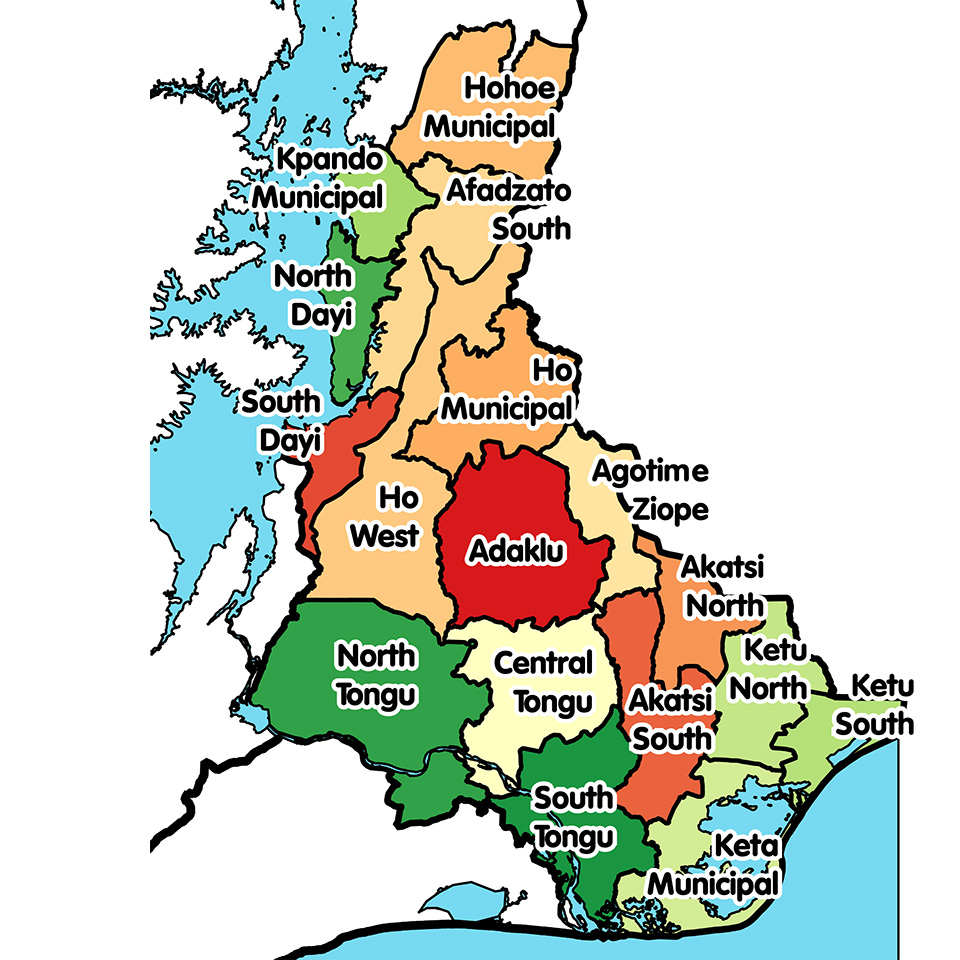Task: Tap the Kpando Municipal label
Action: point(318,178)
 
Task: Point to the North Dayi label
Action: point(313,295)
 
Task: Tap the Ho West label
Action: point(384,515)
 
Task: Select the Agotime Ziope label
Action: point(651,490)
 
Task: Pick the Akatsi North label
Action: point(722,586)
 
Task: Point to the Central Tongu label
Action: point(544,682)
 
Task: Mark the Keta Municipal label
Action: point(713,865)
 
